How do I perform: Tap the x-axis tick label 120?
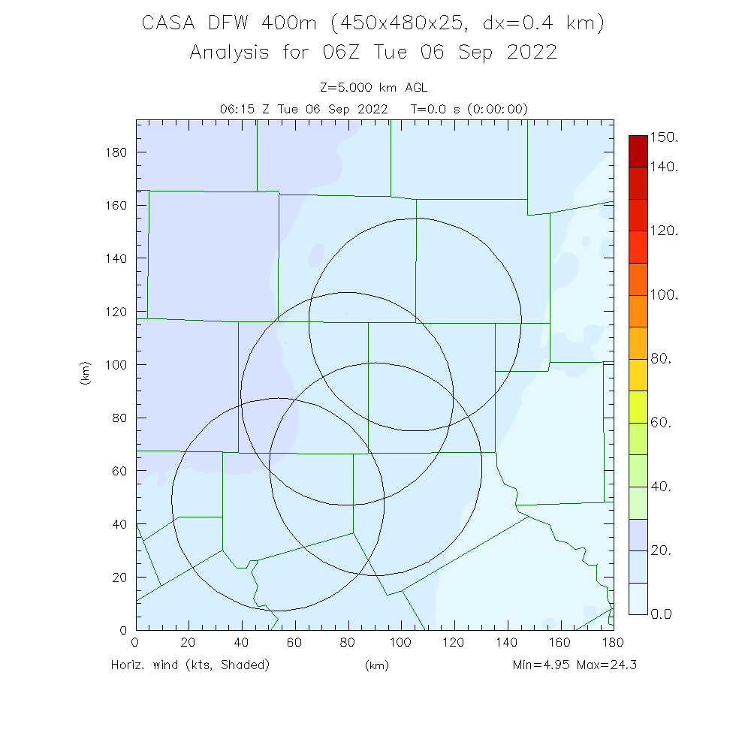454,642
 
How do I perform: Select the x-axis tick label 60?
294,642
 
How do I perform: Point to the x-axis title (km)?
376,665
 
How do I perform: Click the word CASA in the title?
167,24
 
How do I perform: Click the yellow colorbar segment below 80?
638,375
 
